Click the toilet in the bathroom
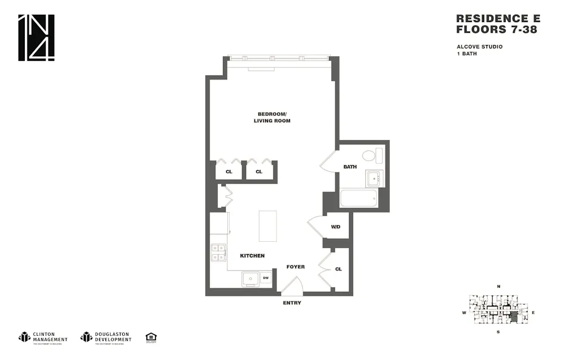pos(370,156)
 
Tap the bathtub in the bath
pos(359,199)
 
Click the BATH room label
pos(350,167)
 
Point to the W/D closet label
pos(336,228)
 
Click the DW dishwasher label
pos(266,278)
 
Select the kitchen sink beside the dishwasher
pos(250,278)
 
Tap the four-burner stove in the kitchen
pos(218,252)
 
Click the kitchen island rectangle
pos(267,226)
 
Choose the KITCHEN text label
pos(252,256)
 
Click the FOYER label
pos(296,266)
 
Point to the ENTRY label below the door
pos(292,303)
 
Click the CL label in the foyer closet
pos(338,269)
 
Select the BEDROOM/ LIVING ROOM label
pos(271,118)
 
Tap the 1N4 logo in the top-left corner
pos(37,38)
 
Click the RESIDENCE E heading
pos(498,19)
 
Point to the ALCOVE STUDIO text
pos(480,47)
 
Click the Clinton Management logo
pos(43,337)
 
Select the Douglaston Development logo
pos(106,337)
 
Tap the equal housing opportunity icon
pos(151,337)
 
